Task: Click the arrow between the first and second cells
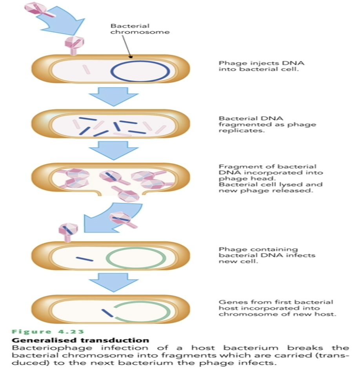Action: coord(114,95)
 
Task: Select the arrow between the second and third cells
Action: coord(114,150)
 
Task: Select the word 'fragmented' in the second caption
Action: coord(238,124)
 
